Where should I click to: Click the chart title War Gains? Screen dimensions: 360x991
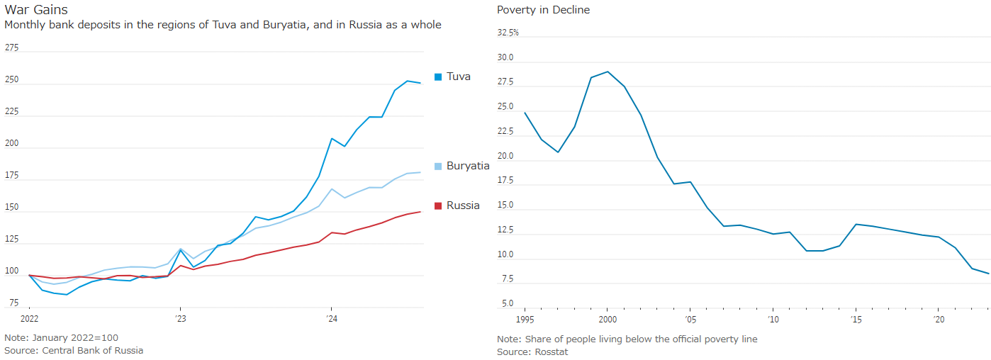click(x=36, y=10)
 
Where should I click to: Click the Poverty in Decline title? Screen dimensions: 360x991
click(x=543, y=10)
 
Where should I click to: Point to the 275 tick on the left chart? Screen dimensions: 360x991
click(x=12, y=47)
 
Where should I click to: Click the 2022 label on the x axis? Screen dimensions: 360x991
click(x=29, y=318)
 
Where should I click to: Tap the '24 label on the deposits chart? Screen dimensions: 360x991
click(x=331, y=318)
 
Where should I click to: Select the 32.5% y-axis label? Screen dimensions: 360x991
click(x=508, y=33)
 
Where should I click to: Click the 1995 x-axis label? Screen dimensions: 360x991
click(x=525, y=319)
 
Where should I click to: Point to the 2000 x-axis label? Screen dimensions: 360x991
click(x=608, y=319)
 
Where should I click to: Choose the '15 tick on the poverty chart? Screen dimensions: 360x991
click(x=856, y=319)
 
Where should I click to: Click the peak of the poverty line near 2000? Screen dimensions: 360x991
click(x=608, y=72)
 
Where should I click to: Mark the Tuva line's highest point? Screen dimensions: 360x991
click(x=408, y=81)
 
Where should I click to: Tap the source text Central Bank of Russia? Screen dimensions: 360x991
click(x=92, y=350)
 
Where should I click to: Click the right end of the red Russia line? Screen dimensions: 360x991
click(x=421, y=212)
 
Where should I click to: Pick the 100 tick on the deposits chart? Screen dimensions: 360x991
click(x=12, y=271)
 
